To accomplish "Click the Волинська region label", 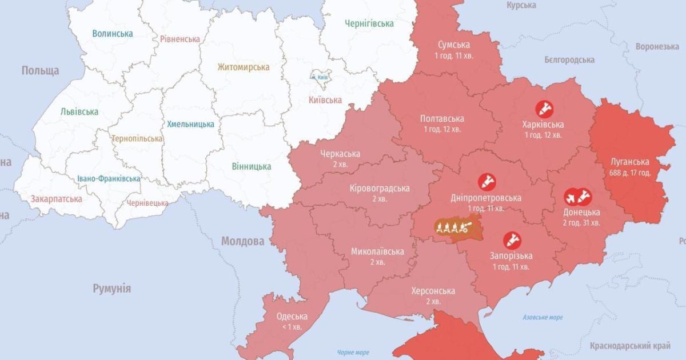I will click(113, 34).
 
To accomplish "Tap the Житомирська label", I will click(243, 67).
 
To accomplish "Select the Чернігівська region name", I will click(369, 23).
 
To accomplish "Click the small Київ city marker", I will click(318, 76).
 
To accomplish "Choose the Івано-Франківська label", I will click(109, 179).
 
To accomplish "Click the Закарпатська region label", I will click(57, 199).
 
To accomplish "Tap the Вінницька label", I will click(252, 166).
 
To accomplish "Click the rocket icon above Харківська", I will click(543, 108).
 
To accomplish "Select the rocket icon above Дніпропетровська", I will click(486, 182).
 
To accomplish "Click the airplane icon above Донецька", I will click(571, 197).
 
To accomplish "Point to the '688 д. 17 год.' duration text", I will click(631, 172).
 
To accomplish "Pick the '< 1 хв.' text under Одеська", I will click(292, 327).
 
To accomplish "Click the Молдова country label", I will click(242, 241).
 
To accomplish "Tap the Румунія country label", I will click(112, 289).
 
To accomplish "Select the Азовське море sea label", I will click(543, 317).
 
